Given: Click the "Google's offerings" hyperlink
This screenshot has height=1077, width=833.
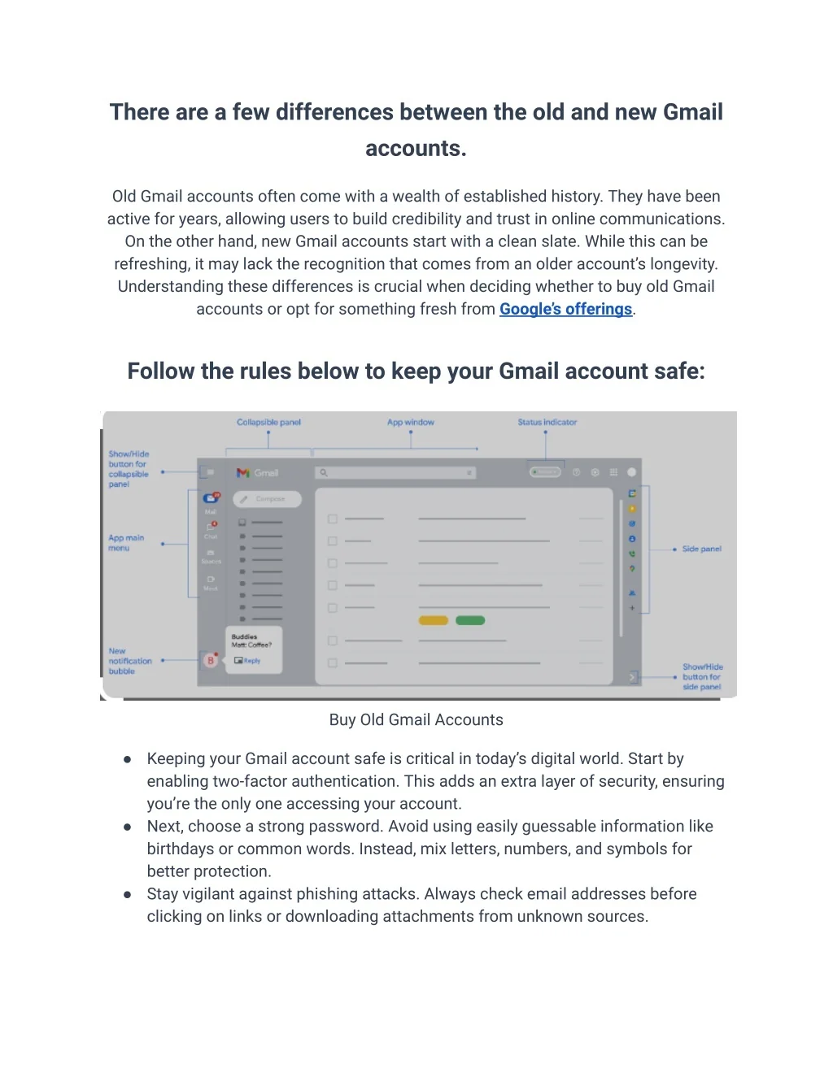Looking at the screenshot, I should click(565, 309).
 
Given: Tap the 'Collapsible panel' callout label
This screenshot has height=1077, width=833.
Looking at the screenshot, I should click(268, 423).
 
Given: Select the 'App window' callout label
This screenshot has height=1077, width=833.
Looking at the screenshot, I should click(410, 423).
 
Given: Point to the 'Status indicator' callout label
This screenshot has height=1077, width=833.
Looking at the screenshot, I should click(547, 423).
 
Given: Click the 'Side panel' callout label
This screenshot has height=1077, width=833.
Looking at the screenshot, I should click(701, 549).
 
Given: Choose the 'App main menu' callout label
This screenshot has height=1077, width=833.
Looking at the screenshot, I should click(125, 543).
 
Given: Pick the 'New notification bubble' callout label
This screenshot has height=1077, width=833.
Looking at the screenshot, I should click(129, 661).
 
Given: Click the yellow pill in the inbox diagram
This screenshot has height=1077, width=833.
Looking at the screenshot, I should click(433, 620).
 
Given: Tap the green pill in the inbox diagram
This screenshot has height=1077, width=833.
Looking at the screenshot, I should click(470, 620).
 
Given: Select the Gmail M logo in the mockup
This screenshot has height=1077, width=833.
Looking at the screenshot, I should click(242, 473).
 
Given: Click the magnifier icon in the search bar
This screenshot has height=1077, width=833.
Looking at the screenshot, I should click(324, 472).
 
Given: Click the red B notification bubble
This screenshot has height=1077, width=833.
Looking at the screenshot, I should click(211, 660).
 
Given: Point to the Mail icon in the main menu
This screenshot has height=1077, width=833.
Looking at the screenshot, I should click(211, 499).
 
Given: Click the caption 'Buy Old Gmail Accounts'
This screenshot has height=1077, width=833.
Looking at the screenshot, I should click(416, 720).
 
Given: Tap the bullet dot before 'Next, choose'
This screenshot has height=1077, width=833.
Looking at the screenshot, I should click(128, 827).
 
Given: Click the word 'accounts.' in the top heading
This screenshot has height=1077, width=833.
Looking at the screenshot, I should click(416, 149).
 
